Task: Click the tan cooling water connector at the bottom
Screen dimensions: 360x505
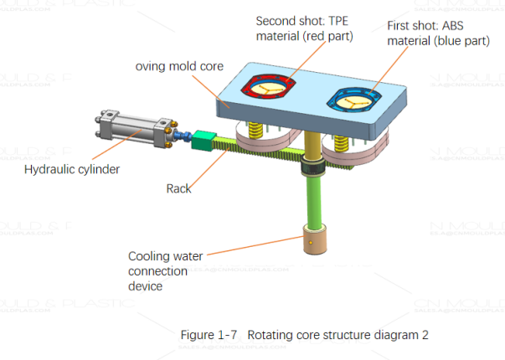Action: [315, 243]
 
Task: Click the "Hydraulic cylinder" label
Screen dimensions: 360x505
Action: [72, 169]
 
